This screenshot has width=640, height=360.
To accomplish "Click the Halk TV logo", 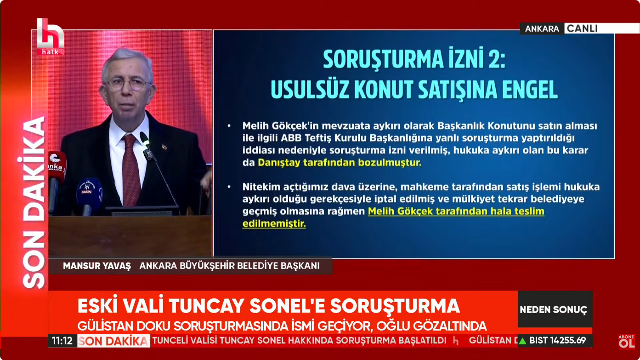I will (x=50, y=37).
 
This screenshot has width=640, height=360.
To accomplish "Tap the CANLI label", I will (x=582, y=29).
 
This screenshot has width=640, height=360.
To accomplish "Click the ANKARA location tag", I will (x=542, y=29).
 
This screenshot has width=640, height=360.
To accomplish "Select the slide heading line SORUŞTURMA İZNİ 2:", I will (x=414, y=60).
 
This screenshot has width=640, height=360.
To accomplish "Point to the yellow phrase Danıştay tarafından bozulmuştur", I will (x=340, y=162).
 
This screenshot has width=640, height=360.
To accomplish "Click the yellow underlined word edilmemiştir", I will (x=274, y=224).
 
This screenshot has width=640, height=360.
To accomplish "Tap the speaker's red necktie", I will (x=130, y=171).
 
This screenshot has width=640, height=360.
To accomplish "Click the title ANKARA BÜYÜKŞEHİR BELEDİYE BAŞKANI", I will (x=229, y=266).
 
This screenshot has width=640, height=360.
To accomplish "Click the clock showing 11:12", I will (x=62, y=341).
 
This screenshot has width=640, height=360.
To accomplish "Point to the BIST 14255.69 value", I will (x=558, y=341).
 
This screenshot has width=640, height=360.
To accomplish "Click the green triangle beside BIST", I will (x=522, y=341).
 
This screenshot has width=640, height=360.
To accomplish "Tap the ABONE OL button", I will (x=626, y=342).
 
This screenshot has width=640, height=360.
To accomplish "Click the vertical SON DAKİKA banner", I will (x=35, y=202).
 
